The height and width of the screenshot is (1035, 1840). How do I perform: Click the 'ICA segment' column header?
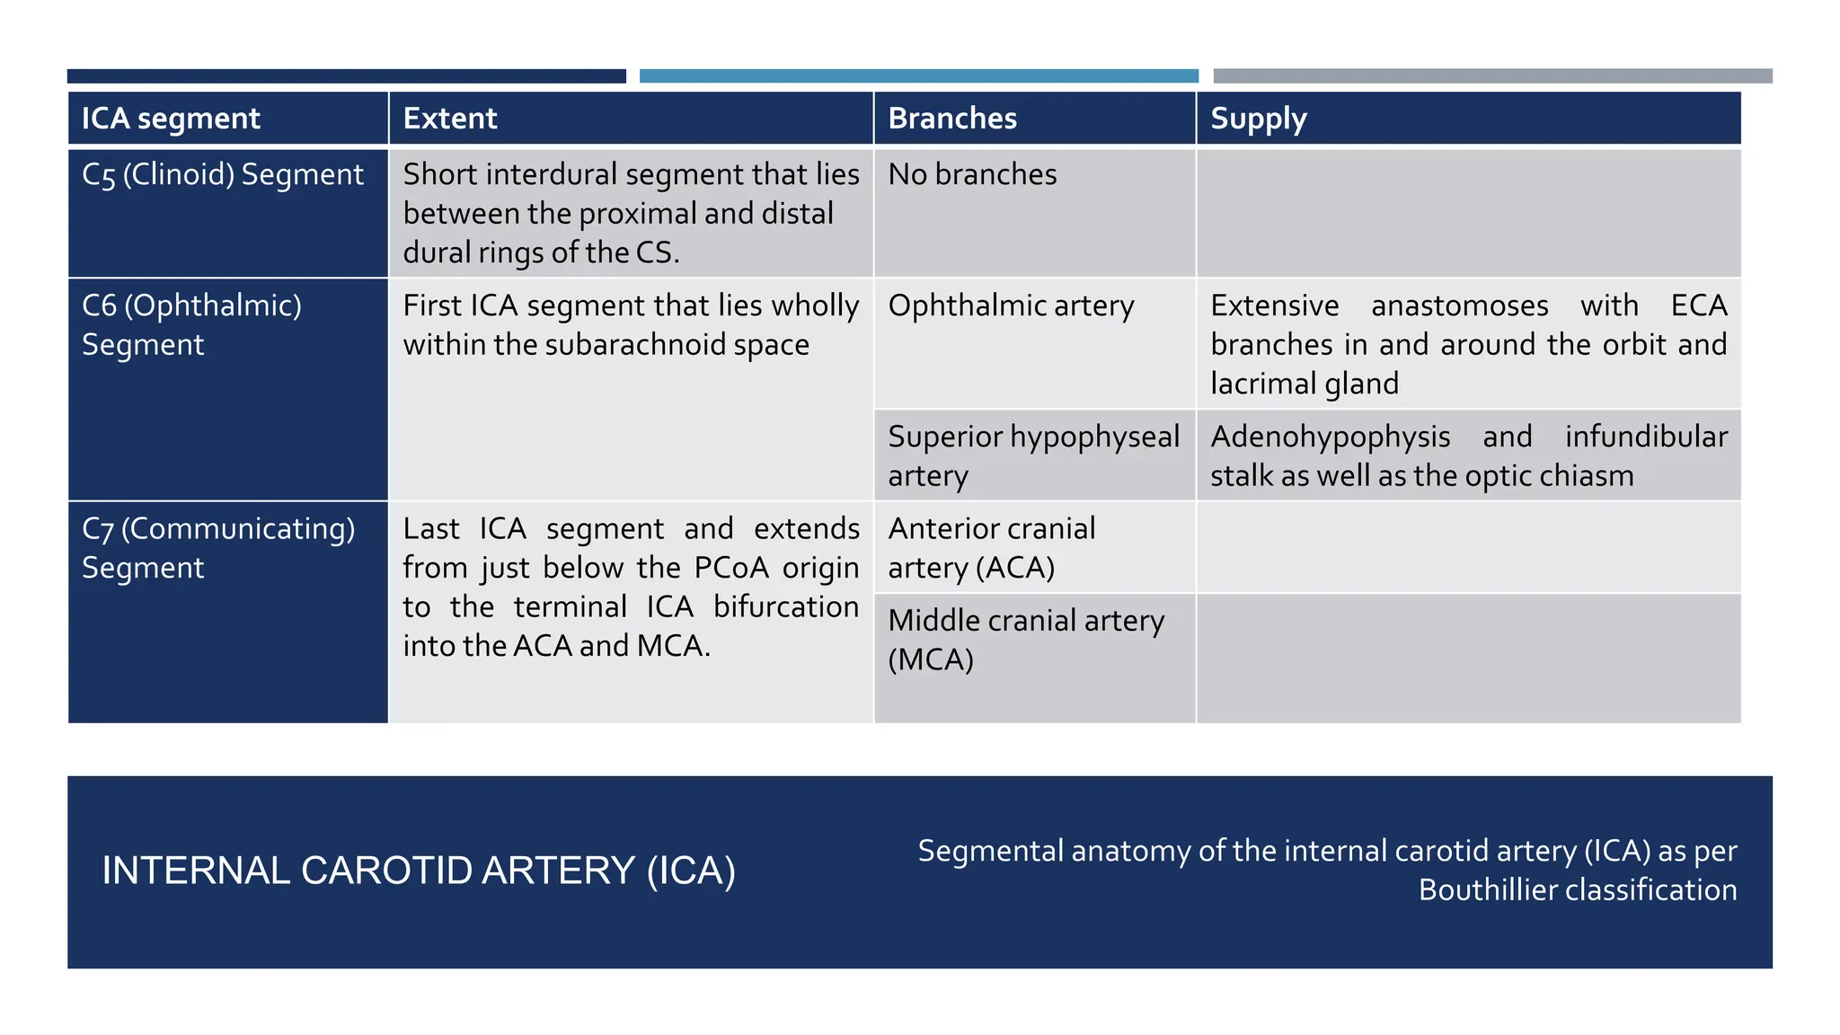click(171, 119)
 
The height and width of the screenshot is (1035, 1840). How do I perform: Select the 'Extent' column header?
click(449, 119)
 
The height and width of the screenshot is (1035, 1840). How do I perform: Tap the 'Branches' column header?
click(952, 119)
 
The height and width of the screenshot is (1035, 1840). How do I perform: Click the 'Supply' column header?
click(1258, 119)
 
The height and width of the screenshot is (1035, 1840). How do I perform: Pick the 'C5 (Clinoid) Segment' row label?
click(223, 174)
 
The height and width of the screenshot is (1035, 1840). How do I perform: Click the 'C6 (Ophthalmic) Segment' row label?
click(191, 324)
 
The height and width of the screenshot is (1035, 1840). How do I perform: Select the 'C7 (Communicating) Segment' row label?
click(218, 547)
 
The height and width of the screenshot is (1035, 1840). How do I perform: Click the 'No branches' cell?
click(972, 174)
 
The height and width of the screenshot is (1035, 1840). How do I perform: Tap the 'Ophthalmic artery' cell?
click(1011, 305)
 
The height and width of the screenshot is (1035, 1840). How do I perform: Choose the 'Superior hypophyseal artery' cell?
click(1033, 456)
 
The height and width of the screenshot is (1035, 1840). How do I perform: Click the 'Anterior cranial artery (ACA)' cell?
click(991, 547)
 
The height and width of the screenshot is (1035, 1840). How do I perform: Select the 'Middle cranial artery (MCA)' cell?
click(1025, 640)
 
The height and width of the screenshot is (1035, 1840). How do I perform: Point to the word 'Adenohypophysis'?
click(1330, 437)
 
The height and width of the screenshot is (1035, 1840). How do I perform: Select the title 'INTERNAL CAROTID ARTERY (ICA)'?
click(419, 871)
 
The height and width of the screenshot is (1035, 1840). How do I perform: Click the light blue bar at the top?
click(918, 76)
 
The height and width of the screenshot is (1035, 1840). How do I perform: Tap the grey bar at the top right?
click(1491, 76)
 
